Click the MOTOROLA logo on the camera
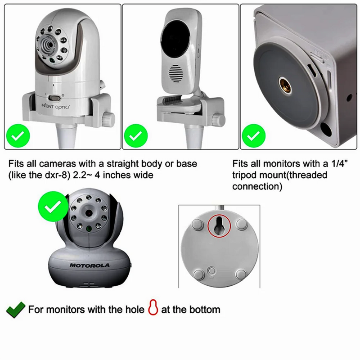[90, 265]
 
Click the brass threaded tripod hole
[284, 83]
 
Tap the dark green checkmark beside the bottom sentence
[16, 309]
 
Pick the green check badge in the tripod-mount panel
[254, 135]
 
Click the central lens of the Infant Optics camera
[46, 44]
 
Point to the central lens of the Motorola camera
[89, 213]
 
